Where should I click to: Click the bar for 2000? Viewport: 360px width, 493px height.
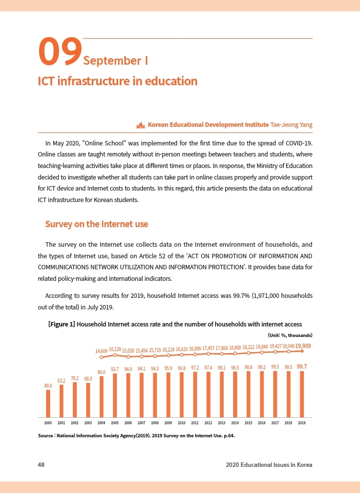coord(48,403)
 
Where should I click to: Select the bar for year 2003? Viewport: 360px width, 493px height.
coord(88,400)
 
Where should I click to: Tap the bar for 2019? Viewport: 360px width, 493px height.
coord(302,394)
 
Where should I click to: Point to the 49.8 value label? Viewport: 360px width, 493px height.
coord(48,386)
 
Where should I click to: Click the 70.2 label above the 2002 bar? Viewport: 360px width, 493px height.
coord(75,378)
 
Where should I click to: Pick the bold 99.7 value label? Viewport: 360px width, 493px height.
coord(302,367)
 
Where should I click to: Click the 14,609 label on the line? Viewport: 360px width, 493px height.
coord(101,351)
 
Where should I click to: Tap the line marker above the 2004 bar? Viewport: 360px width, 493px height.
coord(101,357)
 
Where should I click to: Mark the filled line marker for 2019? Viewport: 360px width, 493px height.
coord(302,351)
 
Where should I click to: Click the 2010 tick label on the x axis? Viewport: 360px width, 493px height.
coord(182,423)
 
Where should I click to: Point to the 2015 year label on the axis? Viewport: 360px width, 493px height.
coord(248,423)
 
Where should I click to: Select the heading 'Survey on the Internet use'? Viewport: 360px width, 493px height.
coord(96,224)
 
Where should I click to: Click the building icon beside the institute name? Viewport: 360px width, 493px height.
coord(140,124)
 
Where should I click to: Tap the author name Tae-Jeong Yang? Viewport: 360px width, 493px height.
coord(291,124)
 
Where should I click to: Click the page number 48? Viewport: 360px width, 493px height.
coord(42,464)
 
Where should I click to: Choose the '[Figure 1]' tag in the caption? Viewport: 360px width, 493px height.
coord(61,324)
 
